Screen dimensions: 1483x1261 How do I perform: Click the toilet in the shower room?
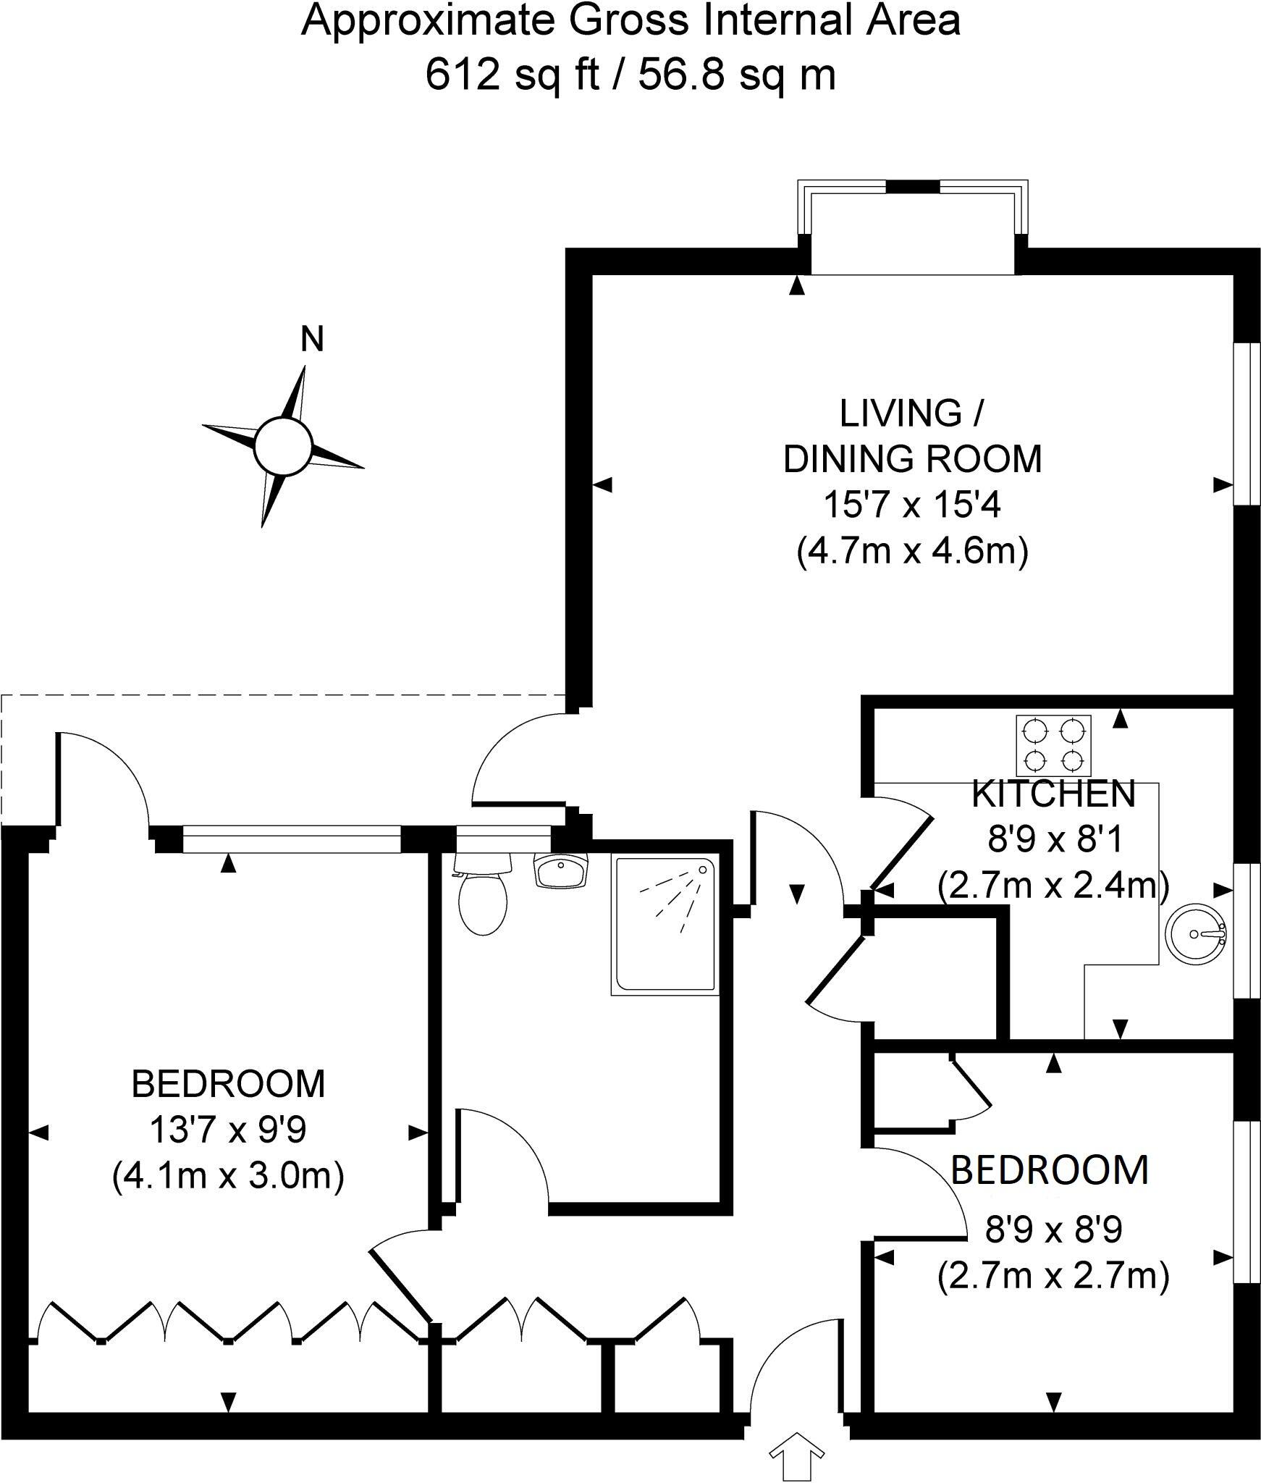click(483, 899)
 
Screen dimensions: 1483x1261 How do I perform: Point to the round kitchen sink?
click(1195, 934)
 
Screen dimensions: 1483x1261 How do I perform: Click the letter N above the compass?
click(312, 340)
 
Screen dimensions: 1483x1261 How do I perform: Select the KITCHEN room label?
click(1053, 794)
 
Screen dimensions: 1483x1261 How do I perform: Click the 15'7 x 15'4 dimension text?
click(912, 505)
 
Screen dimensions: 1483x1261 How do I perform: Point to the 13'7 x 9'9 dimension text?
click(228, 1130)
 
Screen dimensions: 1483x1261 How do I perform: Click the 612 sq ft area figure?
click(513, 75)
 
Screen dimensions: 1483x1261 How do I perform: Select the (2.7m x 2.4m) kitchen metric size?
click(1053, 885)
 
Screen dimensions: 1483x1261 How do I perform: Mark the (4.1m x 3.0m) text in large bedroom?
click(228, 1175)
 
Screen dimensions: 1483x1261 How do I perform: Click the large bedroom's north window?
click(292, 840)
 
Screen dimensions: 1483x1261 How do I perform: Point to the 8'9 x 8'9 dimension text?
click(1053, 1229)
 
